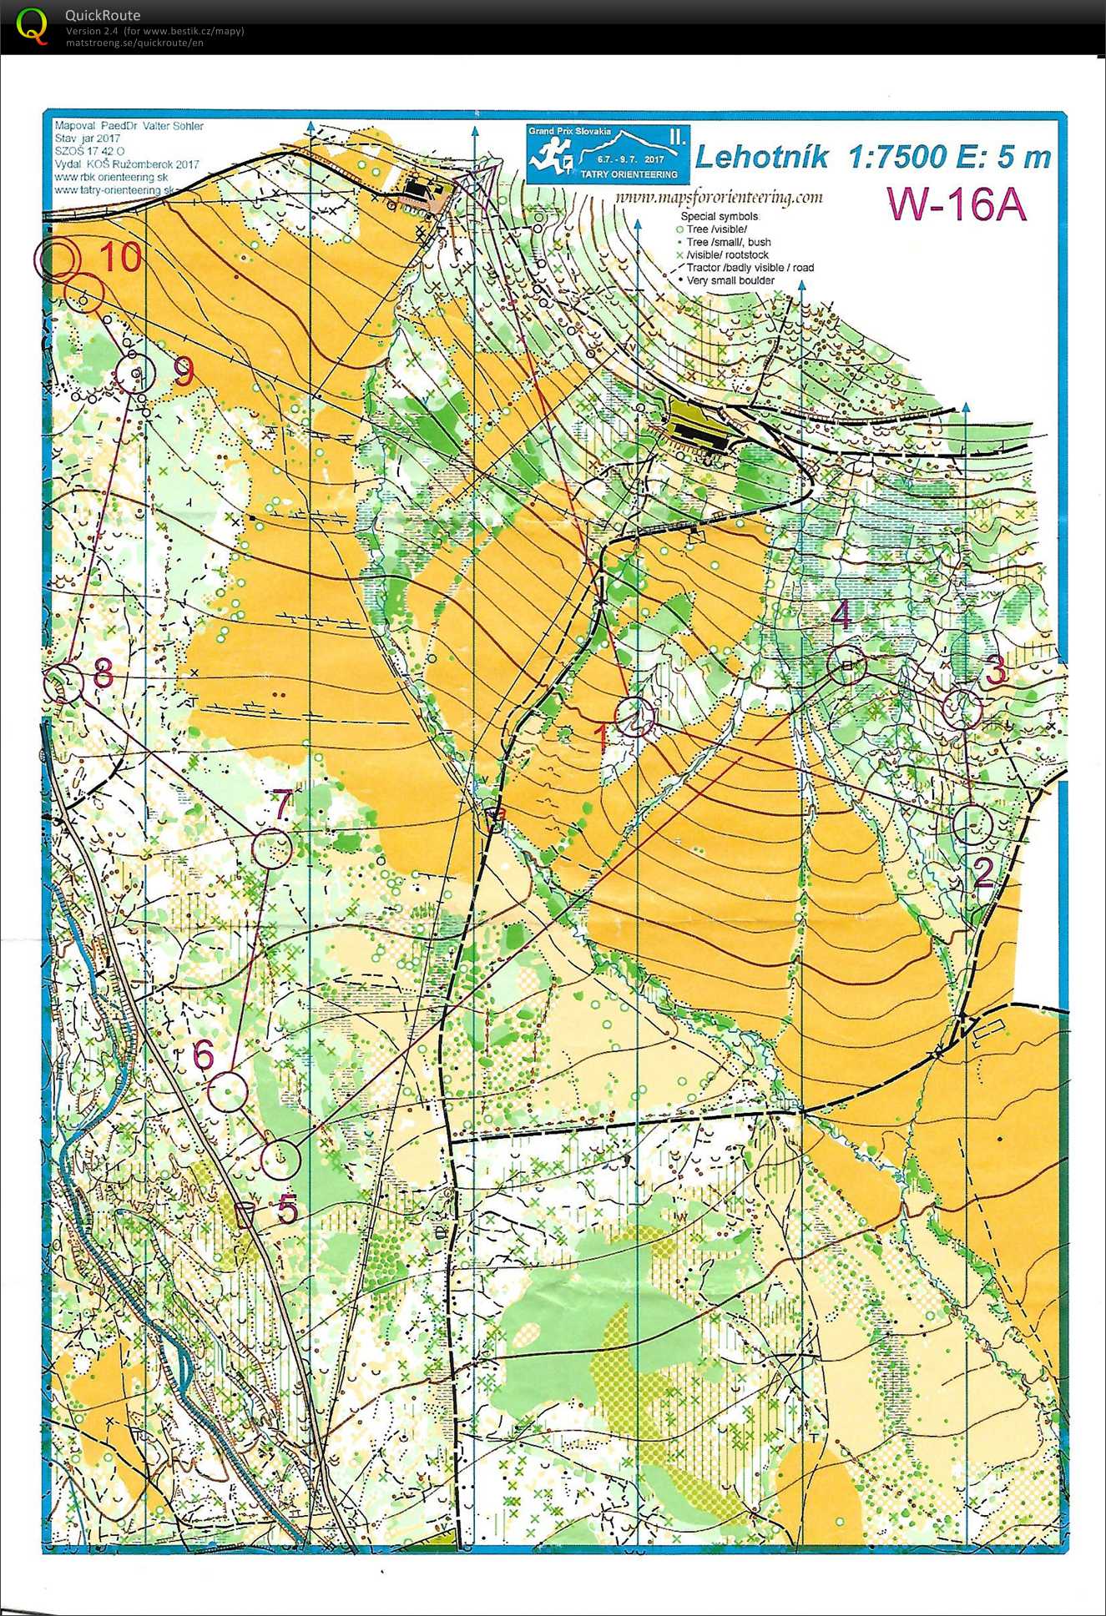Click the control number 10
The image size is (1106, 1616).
(x=121, y=256)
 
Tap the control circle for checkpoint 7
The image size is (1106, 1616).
(x=272, y=848)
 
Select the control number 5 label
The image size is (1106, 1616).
(x=287, y=1209)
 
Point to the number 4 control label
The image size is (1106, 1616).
(x=841, y=615)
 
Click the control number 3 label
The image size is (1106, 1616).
(x=996, y=671)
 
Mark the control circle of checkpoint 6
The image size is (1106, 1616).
(x=227, y=1092)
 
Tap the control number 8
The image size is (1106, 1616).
(x=103, y=672)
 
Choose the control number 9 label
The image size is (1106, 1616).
(x=183, y=371)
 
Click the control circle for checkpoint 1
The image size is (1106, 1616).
(x=635, y=717)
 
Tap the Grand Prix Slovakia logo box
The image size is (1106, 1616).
(x=608, y=154)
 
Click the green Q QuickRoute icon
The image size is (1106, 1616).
(x=32, y=25)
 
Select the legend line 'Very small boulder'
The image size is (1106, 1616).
(x=730, y=281)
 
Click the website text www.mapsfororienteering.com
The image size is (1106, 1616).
(x=718, y=198)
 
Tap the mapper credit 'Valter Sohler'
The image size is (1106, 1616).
(x=173, y=126)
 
